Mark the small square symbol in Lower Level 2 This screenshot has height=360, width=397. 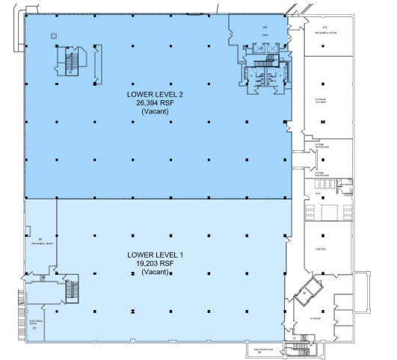click(x=52, y=35)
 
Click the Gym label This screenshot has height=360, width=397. click(x=318, y=193)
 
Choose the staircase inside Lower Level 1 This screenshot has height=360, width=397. click(x=72, y=291)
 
